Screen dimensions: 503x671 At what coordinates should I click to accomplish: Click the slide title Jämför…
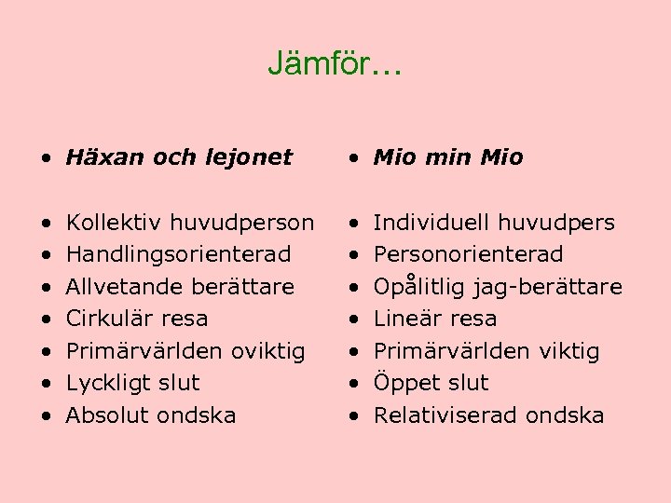click(335, 63)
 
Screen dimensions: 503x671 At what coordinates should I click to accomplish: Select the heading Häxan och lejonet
click(179, 157)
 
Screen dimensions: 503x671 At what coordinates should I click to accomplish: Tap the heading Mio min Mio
click(448, 157)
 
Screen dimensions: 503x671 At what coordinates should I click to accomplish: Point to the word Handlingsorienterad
click(178, 254)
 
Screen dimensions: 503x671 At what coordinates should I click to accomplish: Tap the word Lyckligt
click(103, 383)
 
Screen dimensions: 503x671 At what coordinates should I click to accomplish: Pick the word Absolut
click(104, 415)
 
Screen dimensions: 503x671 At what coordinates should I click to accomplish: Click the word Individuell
click(431, 223)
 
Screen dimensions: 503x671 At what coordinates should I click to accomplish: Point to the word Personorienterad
click(468, 254)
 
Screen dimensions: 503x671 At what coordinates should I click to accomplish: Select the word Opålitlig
click(420, 286)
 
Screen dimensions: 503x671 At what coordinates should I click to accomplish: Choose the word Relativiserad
click(446, 415)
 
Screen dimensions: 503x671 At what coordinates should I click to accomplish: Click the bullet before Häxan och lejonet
click(46, 158)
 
